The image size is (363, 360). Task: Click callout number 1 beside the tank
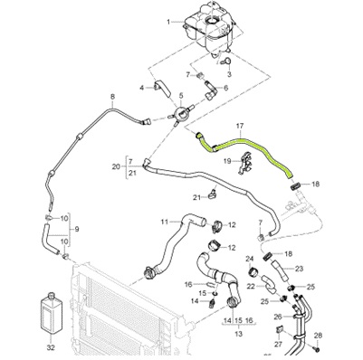pyautogui.click(x=167, y=20)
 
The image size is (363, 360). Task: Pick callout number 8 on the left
pyautogui.click(x=112, y=96)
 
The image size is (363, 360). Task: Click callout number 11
pyautogui.click(x=164, y=220)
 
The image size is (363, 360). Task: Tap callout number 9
pyautogui.click(x=75, y=230)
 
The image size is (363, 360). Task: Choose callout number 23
pyautogui.click(x=299, y=269)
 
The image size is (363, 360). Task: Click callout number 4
pyautogui.click(x=143, y=87)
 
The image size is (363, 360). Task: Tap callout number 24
pyautogui.click(x=249, y=259)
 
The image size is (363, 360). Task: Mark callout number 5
pyautogui.click(x=182, y=96)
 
